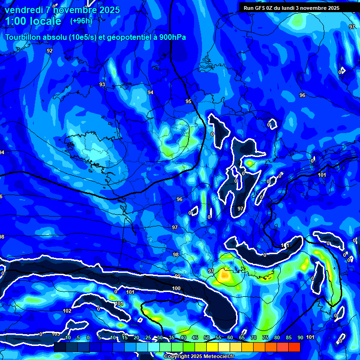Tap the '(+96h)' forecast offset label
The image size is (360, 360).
coord(81,21)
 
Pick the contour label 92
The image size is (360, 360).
coord(50,51)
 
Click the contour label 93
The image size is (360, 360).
coord(102,84)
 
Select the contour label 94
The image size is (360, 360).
coord(150,92)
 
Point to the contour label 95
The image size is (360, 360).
coord(188,101)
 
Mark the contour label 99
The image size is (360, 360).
coord(178,276)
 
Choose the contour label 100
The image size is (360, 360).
coord(176,288)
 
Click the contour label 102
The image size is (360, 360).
coord(67,311)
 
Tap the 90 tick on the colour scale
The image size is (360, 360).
coord(300,337)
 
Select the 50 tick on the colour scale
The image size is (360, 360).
coord(207,337)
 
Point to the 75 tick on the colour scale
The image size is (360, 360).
coord(265,337)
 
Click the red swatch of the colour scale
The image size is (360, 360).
coord(294,347)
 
